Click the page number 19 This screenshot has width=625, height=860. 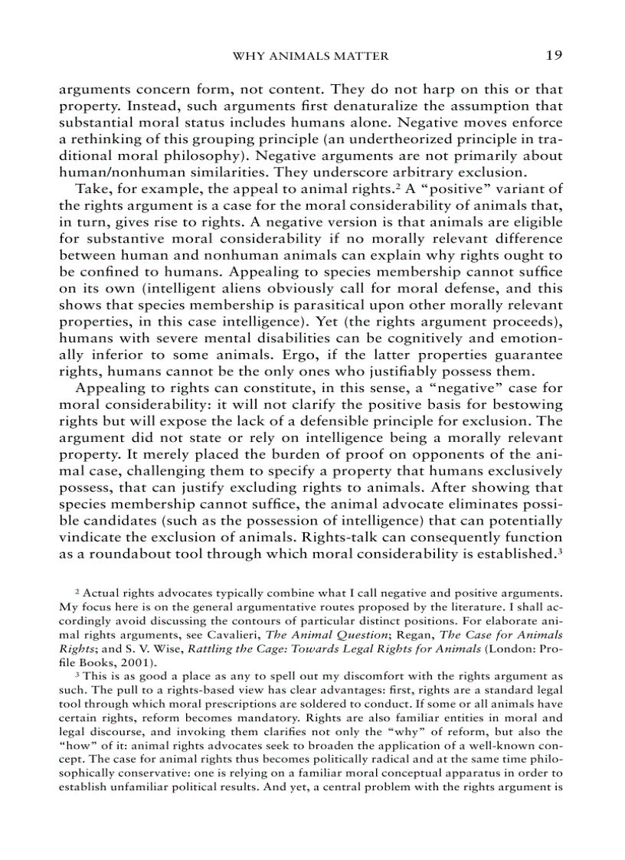(x=555, y=55)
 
